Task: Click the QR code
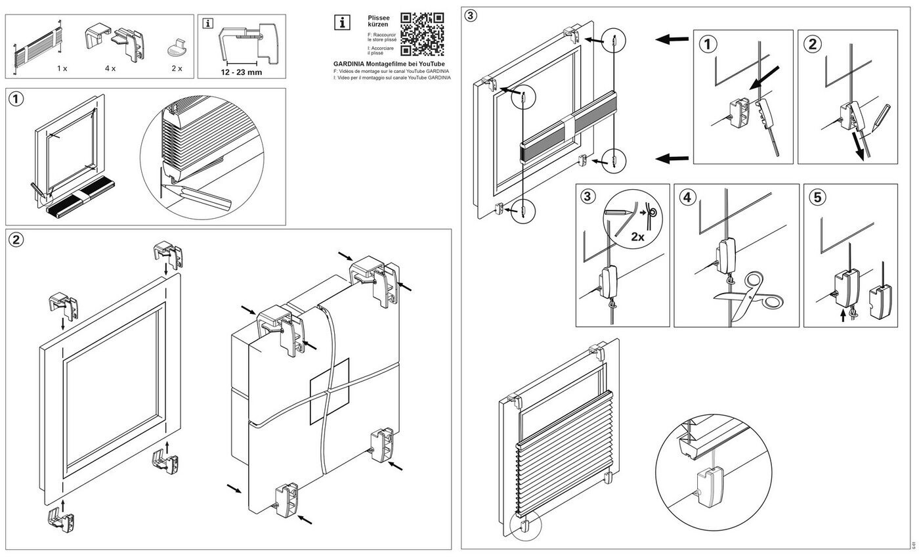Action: pos(422,34)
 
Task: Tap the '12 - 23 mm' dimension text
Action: pos(241,72)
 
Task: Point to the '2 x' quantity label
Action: pos(177,68)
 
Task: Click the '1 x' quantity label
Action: pos(62,68)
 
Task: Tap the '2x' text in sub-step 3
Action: pos(637,236)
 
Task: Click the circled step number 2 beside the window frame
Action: pos(16,240)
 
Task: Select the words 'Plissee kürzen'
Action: pos(378,21)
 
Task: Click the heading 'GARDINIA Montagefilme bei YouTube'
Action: pos(389,64)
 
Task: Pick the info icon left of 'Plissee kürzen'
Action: pos(343,22)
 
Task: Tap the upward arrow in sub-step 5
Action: pos(844,317)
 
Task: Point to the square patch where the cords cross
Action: pos(330,391)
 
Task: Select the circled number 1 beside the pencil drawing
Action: pos(16,99)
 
